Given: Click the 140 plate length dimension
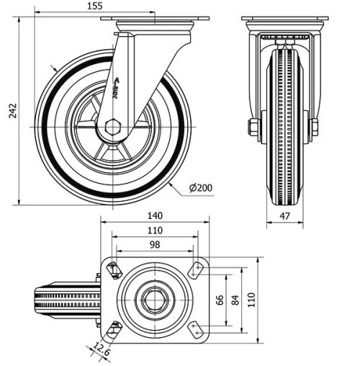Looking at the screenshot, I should point(155,216).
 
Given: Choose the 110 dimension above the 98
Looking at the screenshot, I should point(154,231).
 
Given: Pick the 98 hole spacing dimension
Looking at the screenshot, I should point(154,245).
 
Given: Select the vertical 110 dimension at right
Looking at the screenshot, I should point(251,299).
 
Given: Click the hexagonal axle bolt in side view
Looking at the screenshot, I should point(112,128).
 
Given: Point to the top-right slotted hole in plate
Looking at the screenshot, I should point(194,269).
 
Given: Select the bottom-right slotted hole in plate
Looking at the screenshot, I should point(194,329).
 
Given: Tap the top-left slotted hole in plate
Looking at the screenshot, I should point(113,269).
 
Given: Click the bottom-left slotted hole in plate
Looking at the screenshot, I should point(113,329).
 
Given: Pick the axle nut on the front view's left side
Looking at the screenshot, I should point(253,128).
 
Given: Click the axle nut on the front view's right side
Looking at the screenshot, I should point(313,128).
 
